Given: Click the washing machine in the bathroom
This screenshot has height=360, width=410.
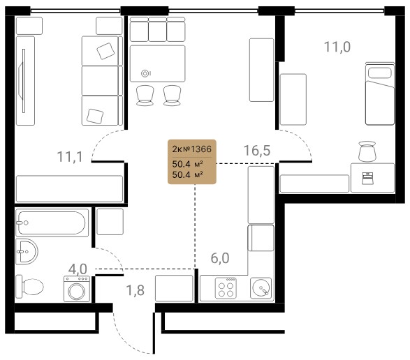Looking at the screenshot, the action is pyautogui.click(x=77, y=289).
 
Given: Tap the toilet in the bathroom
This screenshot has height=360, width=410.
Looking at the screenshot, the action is pyautogui.click(x=29, y=287).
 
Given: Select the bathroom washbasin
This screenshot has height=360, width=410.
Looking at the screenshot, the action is pyautogui.click(x=27, y=251).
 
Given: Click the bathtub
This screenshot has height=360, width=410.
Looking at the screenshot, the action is pyautogui.click(x=52, y=223).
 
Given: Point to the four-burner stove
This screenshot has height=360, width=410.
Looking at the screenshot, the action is pyautogui.click(x=226, y=288).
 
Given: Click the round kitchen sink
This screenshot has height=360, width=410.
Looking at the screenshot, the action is pyautogui.click(x=261, y=288).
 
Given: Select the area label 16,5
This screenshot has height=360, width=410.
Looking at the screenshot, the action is pyautogui.click(x=257, y=150).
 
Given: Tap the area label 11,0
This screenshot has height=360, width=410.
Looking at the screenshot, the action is pyautogui.click(x=337, y=47).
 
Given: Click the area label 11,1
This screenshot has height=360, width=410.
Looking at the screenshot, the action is pyautogui.click(x=70, y=157).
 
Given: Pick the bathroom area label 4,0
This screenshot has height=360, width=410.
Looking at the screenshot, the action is pyautogui.click(x=78, y=269).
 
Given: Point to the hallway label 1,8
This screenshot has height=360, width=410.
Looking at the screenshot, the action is pyautogui.click(x=136, y=290).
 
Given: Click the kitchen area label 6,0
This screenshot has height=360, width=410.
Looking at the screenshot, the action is pyautogui.click(x=220, y=258).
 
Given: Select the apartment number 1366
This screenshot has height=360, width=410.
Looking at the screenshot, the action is pyautogui.click(x=201, y=149).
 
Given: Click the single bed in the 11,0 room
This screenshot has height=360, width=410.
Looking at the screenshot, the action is pyautogui.click(x=380, y=93).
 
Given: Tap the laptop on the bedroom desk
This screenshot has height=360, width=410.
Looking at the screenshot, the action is pyautogui.click(x=367, y=178).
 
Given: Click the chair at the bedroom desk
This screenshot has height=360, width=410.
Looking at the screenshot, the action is pyautogui.click(x=367, y=151).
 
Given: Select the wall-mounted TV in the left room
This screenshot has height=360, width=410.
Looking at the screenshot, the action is pyautogui.click(x=23, y=81).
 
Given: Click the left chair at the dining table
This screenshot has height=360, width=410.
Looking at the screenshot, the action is pyautogui.click(x=145, y=96).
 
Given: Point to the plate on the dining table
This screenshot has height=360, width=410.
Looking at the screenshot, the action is pyautogui.click(x=145, y=73).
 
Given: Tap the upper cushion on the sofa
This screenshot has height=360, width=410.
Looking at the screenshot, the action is pyautogui.click(x=105, y=51).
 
